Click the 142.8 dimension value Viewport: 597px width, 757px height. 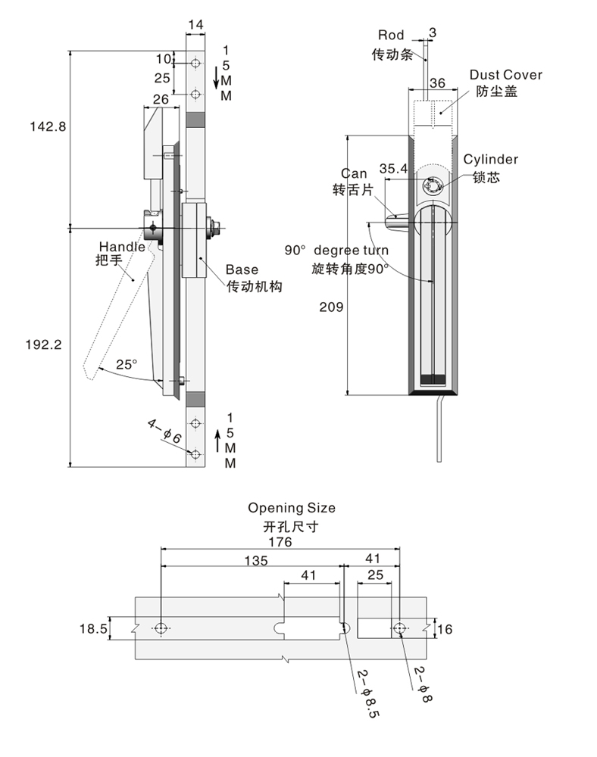[48, 126]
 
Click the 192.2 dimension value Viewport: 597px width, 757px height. [48, 343]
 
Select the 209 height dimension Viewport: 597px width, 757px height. [331, 307]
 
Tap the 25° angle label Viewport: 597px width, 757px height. [127, 364]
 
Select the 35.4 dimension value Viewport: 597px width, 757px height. [393, 169]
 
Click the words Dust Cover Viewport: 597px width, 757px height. [505, 75]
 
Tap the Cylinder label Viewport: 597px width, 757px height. [491, 159]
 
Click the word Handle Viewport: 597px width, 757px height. [121, 247]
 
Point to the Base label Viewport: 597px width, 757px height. [242, 269]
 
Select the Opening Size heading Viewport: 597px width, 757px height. [291, 508]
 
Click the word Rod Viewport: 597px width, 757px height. [391, 35]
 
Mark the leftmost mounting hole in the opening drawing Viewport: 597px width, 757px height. [161, 628]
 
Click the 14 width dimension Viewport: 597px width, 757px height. [195, 24]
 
